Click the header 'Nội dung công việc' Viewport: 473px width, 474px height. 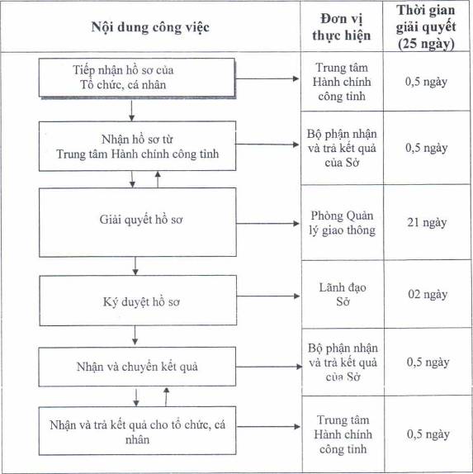coord(150,27)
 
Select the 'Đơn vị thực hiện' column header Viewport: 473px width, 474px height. coord(342,27)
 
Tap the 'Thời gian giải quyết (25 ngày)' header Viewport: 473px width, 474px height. coord(426,27)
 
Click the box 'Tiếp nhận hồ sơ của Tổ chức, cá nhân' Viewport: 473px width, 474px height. coord(137,78)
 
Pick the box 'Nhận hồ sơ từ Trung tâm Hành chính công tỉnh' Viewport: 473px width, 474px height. coord(137,146)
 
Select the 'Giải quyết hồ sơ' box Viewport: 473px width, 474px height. coord(138,222)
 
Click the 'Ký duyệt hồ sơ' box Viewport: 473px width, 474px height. coord(138,301)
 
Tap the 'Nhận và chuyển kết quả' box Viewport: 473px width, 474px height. coord(137,367)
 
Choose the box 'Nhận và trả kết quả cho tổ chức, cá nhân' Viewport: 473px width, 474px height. coord(137,430)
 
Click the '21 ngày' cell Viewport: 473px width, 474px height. coord(427,222)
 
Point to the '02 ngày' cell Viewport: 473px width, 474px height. coord(428,294)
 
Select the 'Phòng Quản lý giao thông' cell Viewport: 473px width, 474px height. coord(342,223)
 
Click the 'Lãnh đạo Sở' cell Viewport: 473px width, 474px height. coord(343,294)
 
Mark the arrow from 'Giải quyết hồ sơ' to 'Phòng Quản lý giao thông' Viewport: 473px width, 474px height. coord(267,224)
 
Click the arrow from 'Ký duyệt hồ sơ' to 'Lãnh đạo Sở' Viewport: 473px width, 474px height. coord(268,296)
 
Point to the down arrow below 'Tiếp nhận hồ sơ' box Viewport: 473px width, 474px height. coord(131,111)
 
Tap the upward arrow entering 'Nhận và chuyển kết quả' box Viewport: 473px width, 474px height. coord(166,397)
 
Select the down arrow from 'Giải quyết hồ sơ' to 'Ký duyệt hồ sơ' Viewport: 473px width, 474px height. coord(135,266)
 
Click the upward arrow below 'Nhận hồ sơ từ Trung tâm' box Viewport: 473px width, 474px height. coord(158,179)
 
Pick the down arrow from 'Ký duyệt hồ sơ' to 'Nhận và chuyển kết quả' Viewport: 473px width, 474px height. coord(135,335)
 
